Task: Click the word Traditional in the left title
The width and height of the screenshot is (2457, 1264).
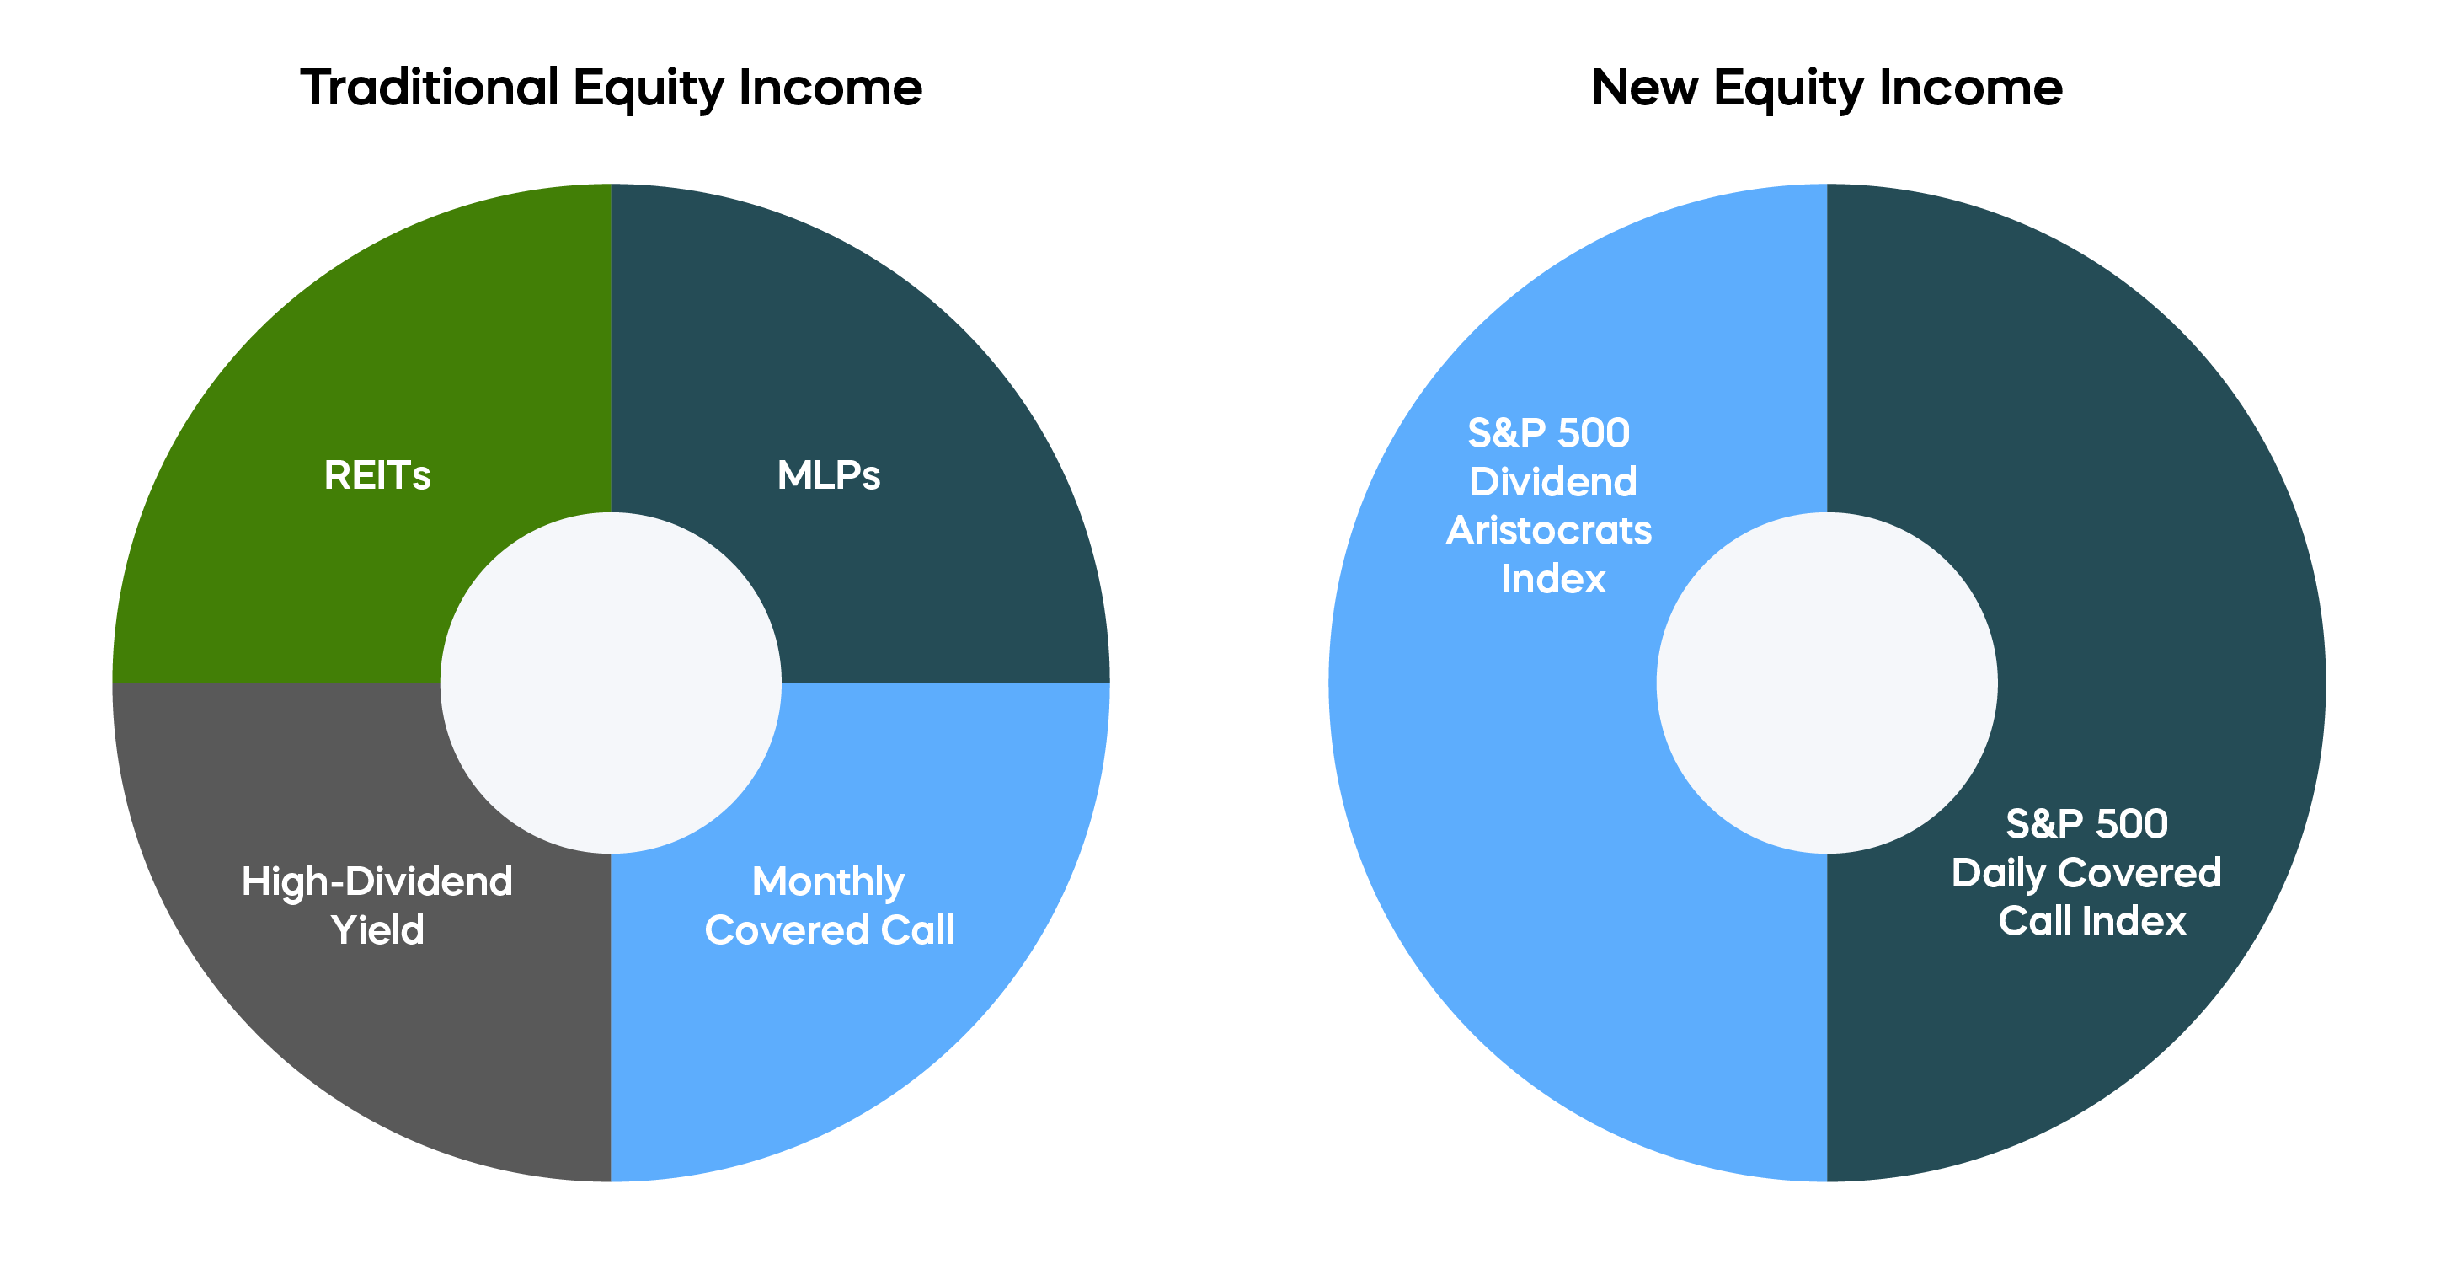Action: [430, 87]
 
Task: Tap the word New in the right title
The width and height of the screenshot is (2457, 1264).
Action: [1645, 88]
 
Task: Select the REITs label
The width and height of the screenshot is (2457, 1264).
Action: [377, 475]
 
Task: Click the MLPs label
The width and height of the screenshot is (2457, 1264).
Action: [829, 475]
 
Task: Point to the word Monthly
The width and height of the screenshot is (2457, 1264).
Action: [829, 883]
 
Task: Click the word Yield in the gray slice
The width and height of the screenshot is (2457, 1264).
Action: [377, 929]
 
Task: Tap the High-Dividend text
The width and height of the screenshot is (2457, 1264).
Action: [377, 882]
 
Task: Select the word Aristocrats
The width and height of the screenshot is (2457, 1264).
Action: [1549, 530]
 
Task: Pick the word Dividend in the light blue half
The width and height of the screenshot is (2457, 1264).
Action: [1553, 482]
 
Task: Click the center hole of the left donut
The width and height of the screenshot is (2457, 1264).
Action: [612, 683]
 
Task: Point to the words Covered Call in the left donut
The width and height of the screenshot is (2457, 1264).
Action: [829, 930]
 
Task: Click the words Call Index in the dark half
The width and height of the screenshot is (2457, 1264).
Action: [2092, 922]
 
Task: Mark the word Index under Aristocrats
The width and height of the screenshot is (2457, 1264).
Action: [1554, 579]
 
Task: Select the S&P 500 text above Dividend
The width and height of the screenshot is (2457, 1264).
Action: [1549, 433]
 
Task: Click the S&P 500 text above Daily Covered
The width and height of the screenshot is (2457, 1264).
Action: [2087, 824]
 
